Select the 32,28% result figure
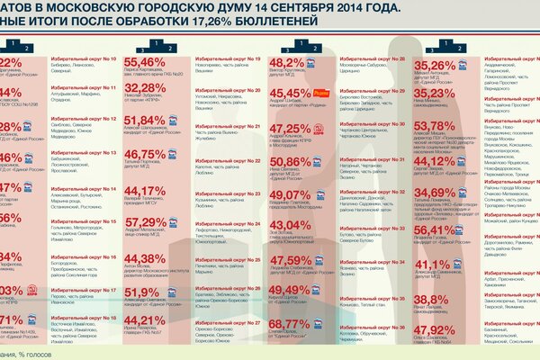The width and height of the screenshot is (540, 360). (x=159, y=88)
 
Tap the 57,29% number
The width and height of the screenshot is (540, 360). (x=159, y=222)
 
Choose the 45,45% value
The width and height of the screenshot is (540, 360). (x=289, y=93)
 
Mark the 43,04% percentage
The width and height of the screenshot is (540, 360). (x=289, y=225)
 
